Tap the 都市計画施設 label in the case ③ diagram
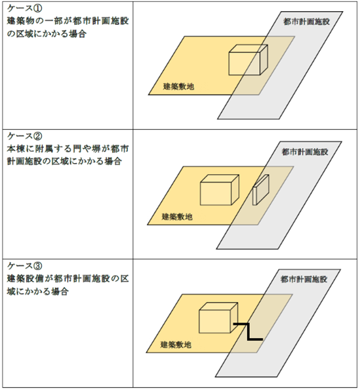[304, 280]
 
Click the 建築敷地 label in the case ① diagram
[178, 86]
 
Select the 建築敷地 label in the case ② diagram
[178, 216]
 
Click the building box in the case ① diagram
[245, 62]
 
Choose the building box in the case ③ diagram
[217, 320]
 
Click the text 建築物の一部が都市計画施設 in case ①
[68, 23]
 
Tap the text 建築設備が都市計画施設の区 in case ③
[68, 278]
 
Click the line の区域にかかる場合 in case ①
[47, 35]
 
